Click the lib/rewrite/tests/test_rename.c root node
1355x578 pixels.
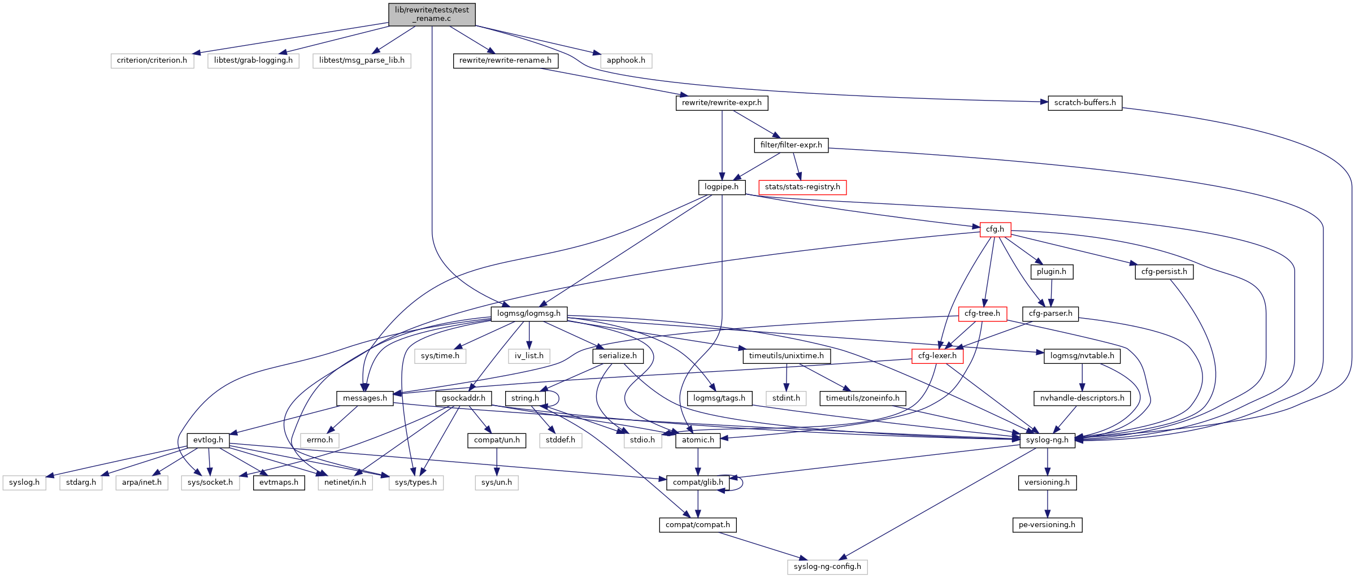tap(432, 14)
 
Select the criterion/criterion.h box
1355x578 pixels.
tap(152, 60)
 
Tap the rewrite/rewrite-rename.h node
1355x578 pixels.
tap(505, 60)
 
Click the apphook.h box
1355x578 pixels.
tap(626, 60)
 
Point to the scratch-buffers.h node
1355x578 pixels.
tap(1084, 103)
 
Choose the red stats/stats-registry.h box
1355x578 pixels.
tap(802, 187)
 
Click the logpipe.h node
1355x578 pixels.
tap(722, 187)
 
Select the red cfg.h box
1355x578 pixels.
tap(994, 229)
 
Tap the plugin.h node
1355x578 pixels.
tap(1051, 272)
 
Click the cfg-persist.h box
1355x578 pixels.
tap(1163, 272)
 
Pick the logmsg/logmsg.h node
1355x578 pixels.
tap(528, 314)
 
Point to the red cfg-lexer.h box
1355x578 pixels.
tap(937, 356)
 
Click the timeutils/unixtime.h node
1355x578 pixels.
tap(786, 356)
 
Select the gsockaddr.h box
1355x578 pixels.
tap(463, 398)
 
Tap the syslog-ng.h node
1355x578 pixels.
tap(1046, 440)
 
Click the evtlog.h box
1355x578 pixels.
tap(208, 440)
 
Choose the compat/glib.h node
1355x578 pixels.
tap(697, 483)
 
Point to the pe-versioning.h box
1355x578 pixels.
tap(1046, 525)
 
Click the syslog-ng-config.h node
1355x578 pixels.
tap(827, 567)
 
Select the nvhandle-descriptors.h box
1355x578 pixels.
tap(1082, 398)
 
